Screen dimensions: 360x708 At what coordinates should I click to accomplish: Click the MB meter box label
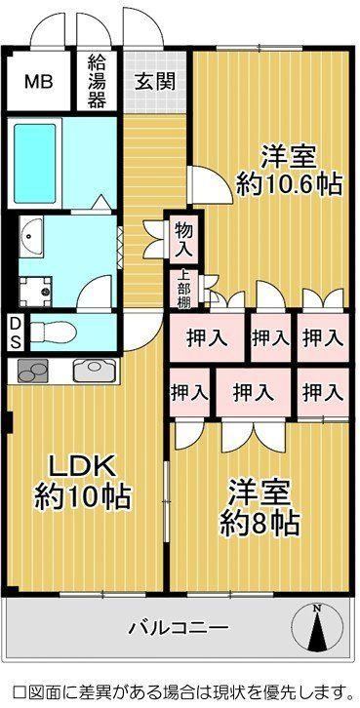pyautogui.click(x=39, y=82)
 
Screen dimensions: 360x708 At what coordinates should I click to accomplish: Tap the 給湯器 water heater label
pyautogui.click(x=97, y=81)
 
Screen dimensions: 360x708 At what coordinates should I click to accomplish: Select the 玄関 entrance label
pyautogui.click(x=155, y=82)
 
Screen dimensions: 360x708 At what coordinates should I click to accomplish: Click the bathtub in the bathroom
pyautogui.click(x=34, y=164)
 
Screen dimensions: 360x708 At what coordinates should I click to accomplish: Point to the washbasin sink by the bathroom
pyautogui.click(x=30, y=236)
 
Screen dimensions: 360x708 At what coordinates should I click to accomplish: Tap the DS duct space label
pyautogui.click(x=16, y=333)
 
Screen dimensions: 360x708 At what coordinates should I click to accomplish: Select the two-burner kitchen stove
pyautogui.click(x=32, y=371)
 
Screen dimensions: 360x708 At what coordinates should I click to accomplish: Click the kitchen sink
pyautogui.click(x=95, y=371)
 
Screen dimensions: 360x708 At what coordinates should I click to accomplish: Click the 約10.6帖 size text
pyautogui.click(x=289, y=184)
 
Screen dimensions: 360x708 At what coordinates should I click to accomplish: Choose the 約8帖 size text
pyautogui.click(x=260, y=524)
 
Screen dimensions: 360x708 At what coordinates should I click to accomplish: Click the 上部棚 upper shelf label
pyautogui.click(x=183, y=290)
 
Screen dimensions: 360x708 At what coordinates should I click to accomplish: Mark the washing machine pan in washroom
pyautogui.click(x=36, y=292)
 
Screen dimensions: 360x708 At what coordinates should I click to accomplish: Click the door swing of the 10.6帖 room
pyautogui.click(x=210, y=184)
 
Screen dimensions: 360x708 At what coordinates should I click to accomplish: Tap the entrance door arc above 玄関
pyautogui.click(x=143, y=28)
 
